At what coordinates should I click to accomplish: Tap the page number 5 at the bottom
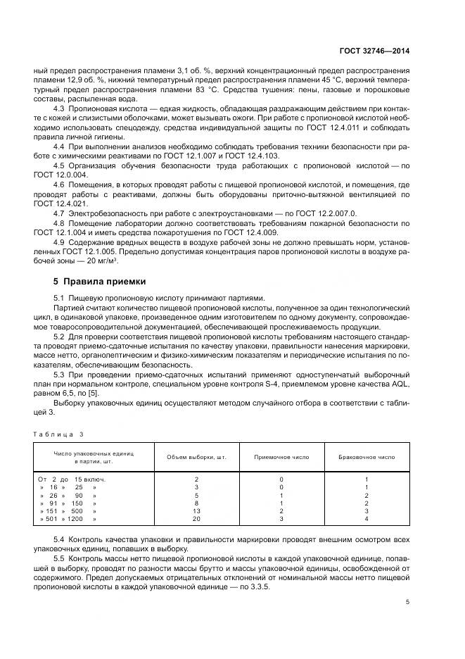(408, 601)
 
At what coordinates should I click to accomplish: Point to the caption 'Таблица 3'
(58, 434)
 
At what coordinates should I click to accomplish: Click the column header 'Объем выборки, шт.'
(196, 457)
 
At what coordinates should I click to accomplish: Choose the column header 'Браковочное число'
(367, 457)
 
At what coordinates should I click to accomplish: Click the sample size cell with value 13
(196, 510)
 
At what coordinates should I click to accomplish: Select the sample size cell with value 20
(196, 519)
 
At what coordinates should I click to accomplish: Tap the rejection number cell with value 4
(367, 519)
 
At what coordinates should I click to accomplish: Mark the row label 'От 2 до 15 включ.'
(68, 479)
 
